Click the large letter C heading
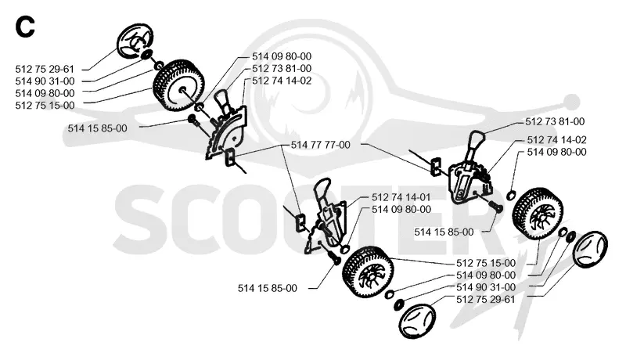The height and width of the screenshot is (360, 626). tap(25, 27)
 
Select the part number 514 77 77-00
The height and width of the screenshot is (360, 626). tap(320, 145)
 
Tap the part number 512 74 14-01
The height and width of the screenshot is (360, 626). tap(401, 197)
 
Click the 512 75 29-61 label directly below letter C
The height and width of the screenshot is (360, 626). tap(45, 69)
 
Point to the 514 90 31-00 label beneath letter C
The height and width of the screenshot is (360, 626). tap(45, 81)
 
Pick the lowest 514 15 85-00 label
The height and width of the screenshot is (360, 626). tap(268, 288)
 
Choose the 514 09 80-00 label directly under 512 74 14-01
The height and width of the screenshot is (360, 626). tap(401, 209)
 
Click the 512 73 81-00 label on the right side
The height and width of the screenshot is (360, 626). tap(555, 121)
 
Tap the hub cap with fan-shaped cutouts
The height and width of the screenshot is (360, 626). tap(135, 41)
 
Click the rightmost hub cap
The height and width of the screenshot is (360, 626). tap(590, 248)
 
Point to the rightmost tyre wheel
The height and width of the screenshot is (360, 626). tap(538, 214)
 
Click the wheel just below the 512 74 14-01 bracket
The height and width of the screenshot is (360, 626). tap(368, 272)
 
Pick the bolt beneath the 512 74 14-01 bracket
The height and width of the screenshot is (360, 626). tap(333, 257)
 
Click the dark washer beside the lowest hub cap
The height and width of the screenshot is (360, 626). tap(398, 305)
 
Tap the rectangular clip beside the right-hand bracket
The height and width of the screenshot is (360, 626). tap(435, 166)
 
